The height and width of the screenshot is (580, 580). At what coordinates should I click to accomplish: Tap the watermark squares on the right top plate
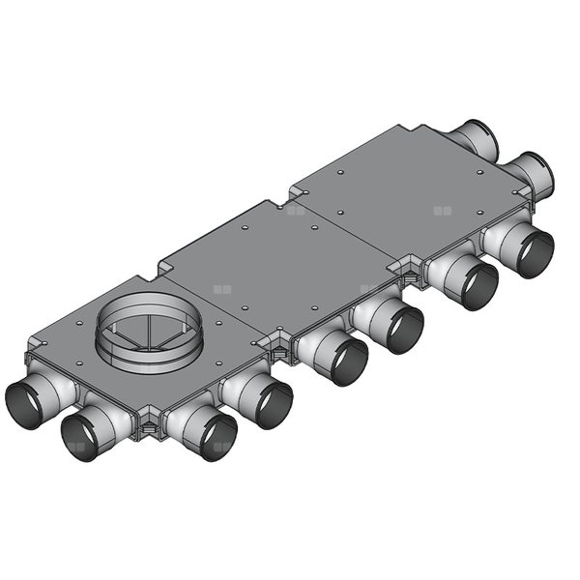click(442, 209)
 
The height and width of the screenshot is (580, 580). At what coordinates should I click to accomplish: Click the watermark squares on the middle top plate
click(295, 209)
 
